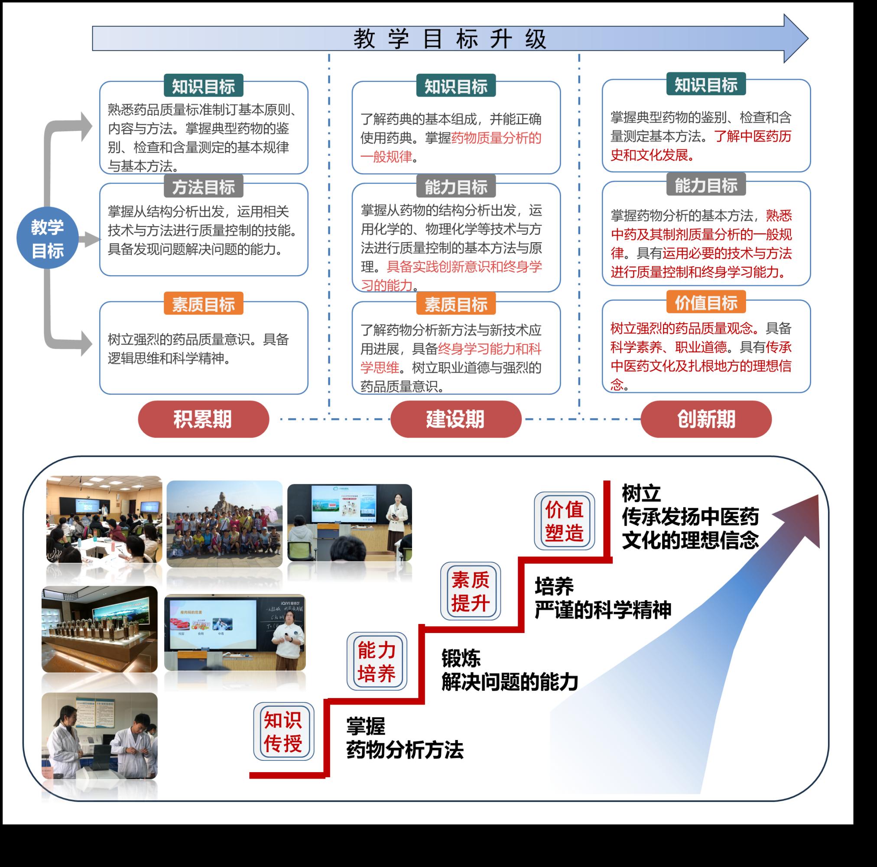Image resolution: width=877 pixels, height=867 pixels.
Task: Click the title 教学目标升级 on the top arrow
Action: click(449, 39)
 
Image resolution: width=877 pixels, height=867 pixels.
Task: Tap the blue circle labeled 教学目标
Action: click(47, 238)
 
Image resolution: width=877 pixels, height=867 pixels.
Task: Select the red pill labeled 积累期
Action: click(203, 419)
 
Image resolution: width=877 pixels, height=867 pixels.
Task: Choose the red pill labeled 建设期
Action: click(455, 419)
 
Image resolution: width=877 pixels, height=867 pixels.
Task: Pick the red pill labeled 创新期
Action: click(706, 419)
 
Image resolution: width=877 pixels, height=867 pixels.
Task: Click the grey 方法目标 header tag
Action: click(203, 187)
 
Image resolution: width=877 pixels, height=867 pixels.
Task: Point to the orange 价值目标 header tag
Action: click(706, 302)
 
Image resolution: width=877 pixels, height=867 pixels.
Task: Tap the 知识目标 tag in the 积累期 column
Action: click(203, 86)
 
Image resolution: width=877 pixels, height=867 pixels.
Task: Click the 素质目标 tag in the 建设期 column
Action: click(456, 304)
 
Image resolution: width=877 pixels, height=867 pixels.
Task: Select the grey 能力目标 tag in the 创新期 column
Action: click(706, 185)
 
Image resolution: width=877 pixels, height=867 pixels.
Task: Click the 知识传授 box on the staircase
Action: click(283, 731)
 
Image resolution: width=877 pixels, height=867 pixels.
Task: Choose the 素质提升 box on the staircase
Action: click(470, 591)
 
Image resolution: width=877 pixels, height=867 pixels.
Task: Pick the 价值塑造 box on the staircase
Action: click(564, 521)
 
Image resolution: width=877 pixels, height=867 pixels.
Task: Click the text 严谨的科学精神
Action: click(602, 610)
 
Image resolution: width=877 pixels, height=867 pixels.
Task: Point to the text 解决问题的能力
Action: click(509, 682)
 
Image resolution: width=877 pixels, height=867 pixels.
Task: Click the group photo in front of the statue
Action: click(224, 523)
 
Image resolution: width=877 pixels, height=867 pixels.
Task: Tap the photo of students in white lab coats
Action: click(99, 736)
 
